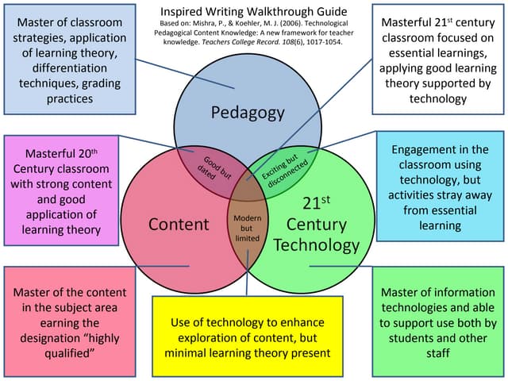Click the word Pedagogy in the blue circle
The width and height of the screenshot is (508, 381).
pos(248,113)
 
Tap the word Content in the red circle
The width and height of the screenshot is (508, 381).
pos(179,225)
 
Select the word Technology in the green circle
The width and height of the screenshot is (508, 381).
pos(316,244)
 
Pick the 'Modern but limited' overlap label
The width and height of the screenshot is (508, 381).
pos(248,227)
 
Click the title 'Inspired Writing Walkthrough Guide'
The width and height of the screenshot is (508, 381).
pos(254,12)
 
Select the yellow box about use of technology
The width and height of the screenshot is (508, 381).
pos(247,334)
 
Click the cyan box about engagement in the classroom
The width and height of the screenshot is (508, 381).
pos(440,187)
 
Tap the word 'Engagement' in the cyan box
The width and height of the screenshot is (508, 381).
pos(429,149)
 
